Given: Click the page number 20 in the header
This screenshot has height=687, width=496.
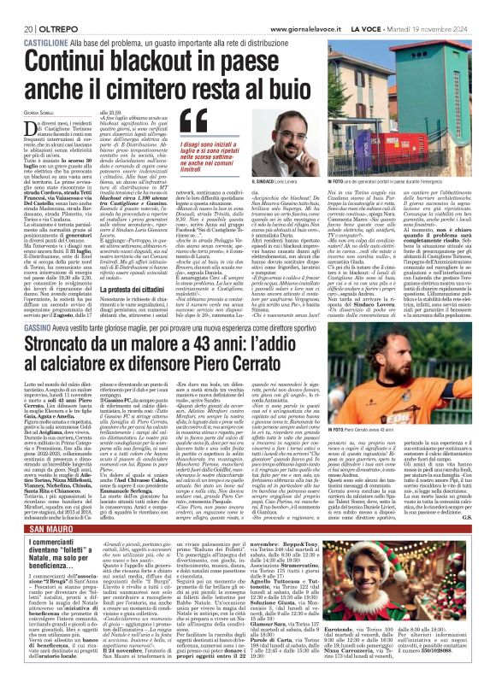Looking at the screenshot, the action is [x=16, y=8].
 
